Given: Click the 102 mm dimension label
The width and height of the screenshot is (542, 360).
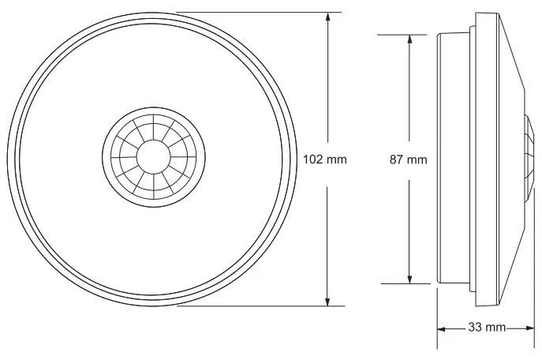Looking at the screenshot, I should click(x=325, y=159).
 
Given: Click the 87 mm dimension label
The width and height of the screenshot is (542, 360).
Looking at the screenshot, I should click(x=409, y=159).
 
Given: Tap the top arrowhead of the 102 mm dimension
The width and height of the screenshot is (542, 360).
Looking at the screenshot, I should click(x=327, y=17).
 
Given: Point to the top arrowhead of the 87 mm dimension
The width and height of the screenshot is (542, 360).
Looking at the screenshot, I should click(x=409, y=39).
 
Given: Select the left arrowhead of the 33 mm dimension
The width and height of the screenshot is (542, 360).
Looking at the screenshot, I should click(x=442, y=328).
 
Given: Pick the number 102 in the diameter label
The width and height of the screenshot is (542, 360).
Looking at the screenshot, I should click(x=314, y=159).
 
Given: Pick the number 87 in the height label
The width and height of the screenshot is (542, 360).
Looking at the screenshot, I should click(x=398, y=159).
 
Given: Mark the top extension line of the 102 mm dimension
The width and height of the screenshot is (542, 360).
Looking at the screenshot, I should click(x=252, y=12).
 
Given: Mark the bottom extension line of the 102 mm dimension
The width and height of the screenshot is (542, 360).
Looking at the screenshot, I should click(x=252, y=306).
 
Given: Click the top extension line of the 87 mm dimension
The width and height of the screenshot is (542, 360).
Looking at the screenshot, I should click(x=394, y=34).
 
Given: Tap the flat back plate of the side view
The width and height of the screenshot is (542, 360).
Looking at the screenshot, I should click(x=440, y=159).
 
